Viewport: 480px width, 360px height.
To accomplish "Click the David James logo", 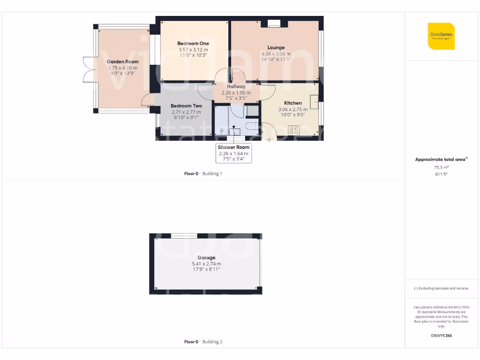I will pyautogui.click(x=441, y=36).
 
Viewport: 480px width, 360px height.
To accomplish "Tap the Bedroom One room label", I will pyautogui.click(x=193, y=44).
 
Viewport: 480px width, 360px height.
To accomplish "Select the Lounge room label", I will pyautogui.click(x=276, y=47).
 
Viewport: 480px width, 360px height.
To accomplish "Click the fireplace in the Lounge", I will pyautogui.click(x=274, y=24).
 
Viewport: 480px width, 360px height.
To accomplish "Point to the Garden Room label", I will pyautogui.click(x=122, y=61).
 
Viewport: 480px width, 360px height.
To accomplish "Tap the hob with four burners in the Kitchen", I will pyautogui.click(x=294, y=130).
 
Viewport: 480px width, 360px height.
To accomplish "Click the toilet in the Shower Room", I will pyautogui.click(x=221, y=130).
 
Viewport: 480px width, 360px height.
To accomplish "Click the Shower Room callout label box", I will pyautogui.click(x=233, y=153).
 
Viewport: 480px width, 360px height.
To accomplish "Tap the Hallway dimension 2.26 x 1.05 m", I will pyautogui.click(x=236, y=93).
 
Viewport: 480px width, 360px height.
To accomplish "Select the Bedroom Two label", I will pyautogui.click(x=186, y=106).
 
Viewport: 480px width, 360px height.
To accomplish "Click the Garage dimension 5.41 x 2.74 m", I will pyautogui.click(x=206, y=264).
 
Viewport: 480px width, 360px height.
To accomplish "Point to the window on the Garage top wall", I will pyautogui.click(x=184, y=236).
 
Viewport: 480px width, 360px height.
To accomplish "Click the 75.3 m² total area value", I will pyautogui.click(x=441, y=167).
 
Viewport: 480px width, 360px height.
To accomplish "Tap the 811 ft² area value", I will pyautogui.click(x=441, y=174).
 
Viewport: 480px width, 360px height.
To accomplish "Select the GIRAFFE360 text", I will pyautogui.click(x=441, y=336).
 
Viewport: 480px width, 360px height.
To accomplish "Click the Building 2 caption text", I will pyautogui.click(x=212, y=342).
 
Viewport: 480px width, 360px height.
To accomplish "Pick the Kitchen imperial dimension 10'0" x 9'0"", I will pyautogui.click(x=293, y=114).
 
